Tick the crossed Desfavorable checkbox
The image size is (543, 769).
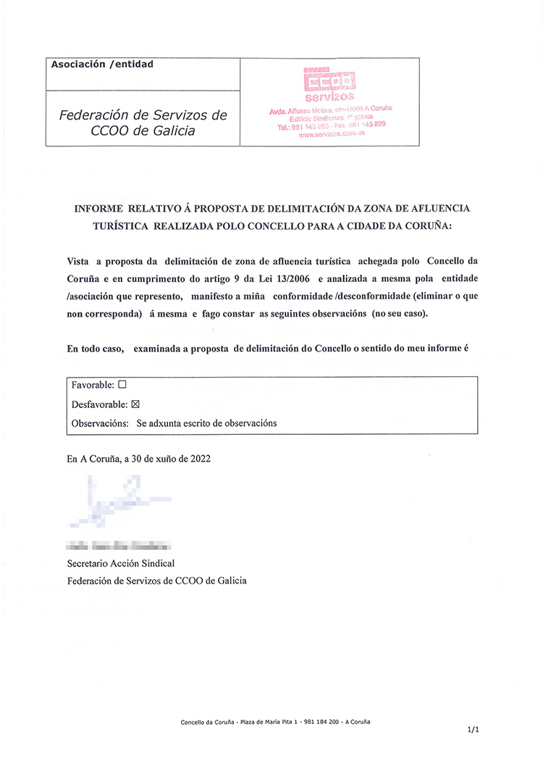(134, 404)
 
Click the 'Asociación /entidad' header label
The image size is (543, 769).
(102, 65)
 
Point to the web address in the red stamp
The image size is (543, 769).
(332, 134)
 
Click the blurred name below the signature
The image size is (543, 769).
(118, 545)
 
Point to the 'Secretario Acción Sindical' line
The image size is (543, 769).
(120, 563)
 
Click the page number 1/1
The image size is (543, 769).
(473, 731)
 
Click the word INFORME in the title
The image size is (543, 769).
(100, 209)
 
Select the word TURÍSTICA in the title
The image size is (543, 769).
(119, 226)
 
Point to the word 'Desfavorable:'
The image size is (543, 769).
(99, 404)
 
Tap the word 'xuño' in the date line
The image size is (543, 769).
(157, 458)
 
